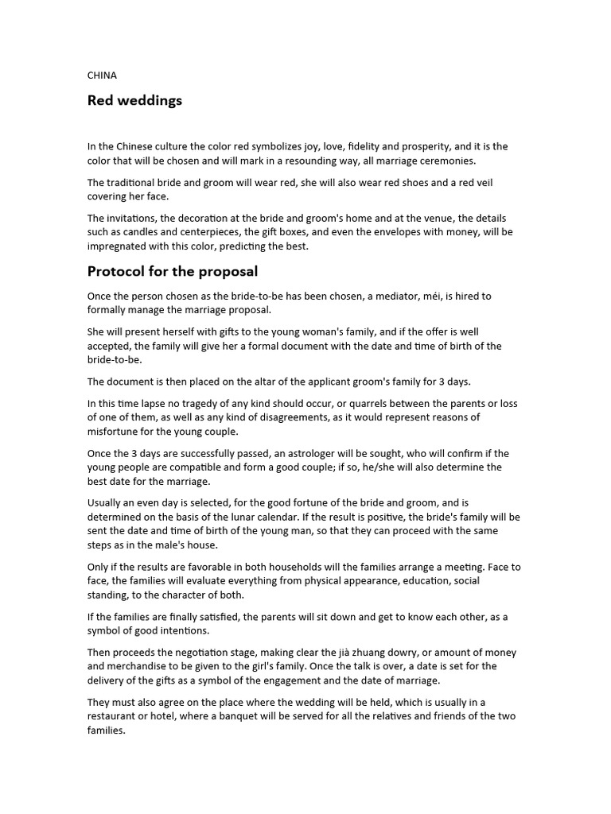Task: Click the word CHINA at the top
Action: (x=102, y=76)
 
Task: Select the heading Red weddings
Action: (x=134, y=101)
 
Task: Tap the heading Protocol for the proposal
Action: (x=173, y=271)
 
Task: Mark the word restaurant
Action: (x=114, y=716)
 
